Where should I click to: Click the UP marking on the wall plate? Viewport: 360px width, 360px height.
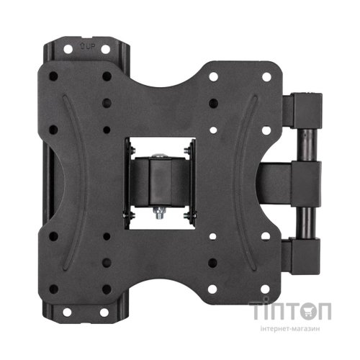pyautogui.click(x=87, y=46)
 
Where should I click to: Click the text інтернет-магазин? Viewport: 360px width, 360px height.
pyautogui.click(x=290, y=328)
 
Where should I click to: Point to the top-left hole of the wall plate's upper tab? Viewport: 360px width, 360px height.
pyautogui.click(x=68, y=49)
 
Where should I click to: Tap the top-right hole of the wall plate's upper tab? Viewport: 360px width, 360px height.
pyautogui.click(x=105, y=50)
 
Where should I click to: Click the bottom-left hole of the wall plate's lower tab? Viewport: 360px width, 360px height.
pyautogui.click(x=67, y=312)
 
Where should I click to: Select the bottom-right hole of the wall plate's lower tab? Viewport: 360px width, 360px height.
pyautogui.click(x=104, y=312)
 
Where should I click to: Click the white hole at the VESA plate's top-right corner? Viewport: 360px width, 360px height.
pyautogui.click(x=266, y=77)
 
